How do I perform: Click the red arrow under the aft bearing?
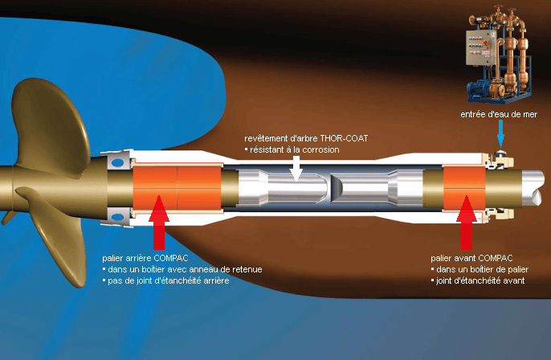click(x=159, y=220)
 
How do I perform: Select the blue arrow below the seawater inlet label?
click(x=500, y=135)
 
